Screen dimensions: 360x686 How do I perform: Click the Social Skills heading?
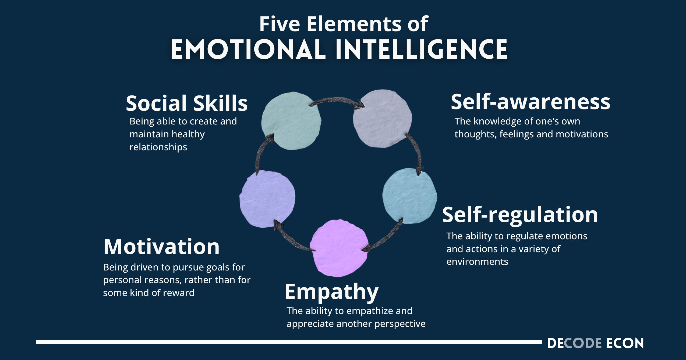pos(187,103)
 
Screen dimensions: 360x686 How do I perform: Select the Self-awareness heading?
pos(530,102)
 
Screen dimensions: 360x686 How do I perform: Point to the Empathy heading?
pos(331,292)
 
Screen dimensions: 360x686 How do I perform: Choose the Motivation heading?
pos(162,247)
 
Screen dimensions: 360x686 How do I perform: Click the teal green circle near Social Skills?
pos(291,121)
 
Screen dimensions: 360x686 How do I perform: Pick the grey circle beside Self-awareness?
pos(382,119)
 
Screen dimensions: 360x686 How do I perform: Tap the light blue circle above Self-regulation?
pos(409,196)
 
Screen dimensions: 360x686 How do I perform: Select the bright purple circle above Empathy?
pos(339,248)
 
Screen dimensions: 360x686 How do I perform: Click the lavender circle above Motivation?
pos(267,199)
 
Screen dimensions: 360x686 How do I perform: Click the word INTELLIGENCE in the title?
pos(421,50)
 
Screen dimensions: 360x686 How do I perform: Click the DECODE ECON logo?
pos(595,343)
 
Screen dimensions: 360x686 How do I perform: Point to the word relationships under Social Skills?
pos(158,147)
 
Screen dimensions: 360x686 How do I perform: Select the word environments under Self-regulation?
pos(477,262)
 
